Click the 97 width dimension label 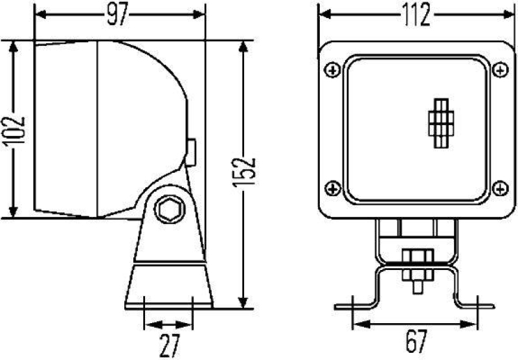pyautogui.click(x=117, y=17)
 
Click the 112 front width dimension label pyautogui.click(x=414, y=17)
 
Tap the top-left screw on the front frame pyautogui.click(x=333, y=69)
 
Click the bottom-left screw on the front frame pyautogui.click(x=333, y=188)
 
